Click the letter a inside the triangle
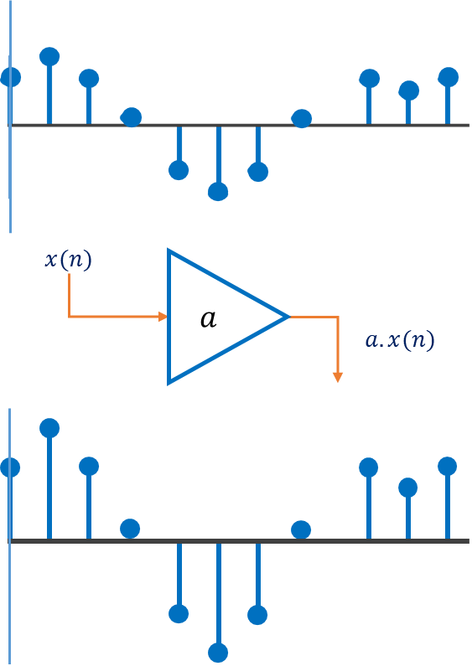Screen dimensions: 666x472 click(209, 319)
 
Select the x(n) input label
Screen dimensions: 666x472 click(69, 260)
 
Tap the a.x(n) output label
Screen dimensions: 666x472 click(400, 341)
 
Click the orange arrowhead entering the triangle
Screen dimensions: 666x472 click(163, 317)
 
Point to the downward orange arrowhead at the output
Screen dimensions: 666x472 click(338, 377)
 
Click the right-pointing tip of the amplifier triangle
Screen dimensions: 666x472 click(288, 317)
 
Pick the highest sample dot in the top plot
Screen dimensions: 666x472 click(49, 57)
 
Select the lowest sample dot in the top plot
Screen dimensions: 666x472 click(218, 192)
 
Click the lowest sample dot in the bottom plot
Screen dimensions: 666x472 click(218, 652)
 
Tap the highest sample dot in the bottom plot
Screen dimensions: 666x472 click(49, 428)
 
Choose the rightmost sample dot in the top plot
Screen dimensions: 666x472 click(449, 77)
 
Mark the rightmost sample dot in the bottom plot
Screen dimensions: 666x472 click(448, 467)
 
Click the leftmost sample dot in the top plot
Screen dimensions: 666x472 click(11, 78)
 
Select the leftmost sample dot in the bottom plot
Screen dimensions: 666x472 click(11, 467)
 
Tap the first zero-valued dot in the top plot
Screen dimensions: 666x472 click(131, 117)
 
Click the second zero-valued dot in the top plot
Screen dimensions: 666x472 click(301, 119)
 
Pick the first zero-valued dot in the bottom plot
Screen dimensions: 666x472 click(130, 529)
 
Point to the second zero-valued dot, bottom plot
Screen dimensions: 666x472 click(301, 529)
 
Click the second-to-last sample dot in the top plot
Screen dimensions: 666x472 click(408, 90)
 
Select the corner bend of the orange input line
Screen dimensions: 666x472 click(69, 317)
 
